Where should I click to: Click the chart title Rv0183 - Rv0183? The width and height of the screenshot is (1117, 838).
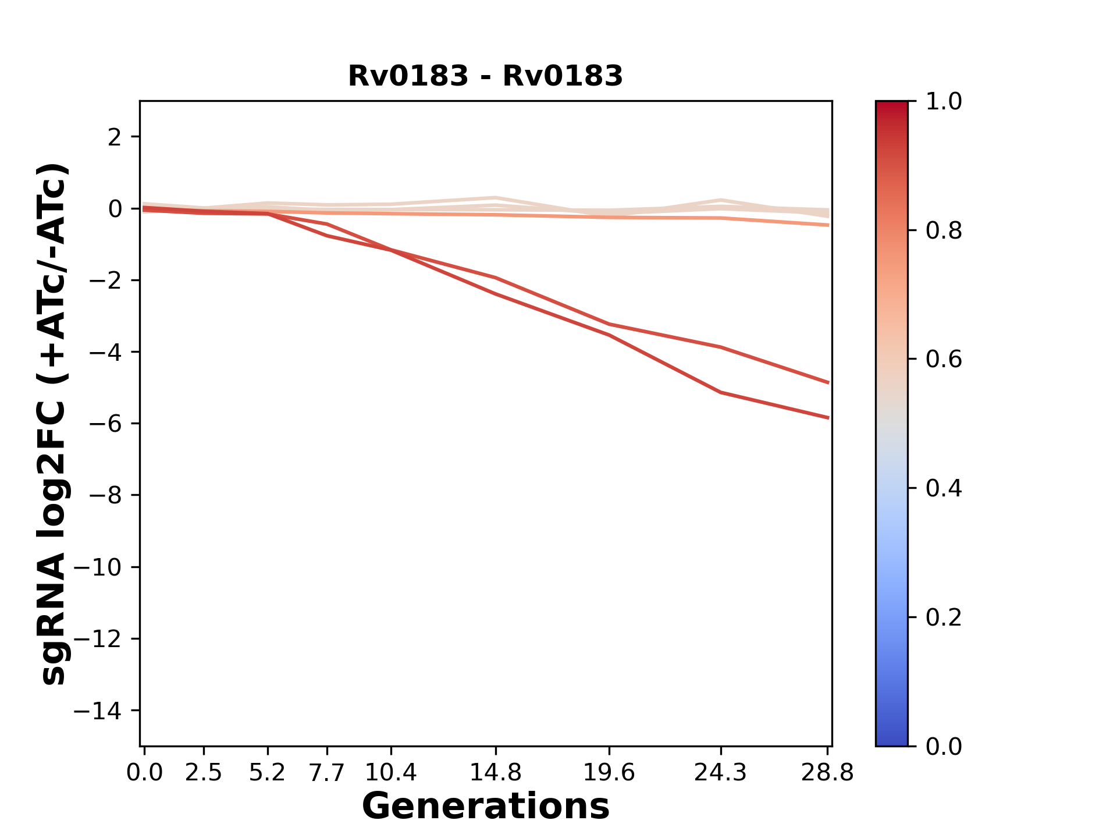pos(485,76)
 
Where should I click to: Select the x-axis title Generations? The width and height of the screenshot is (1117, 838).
pos(485,807)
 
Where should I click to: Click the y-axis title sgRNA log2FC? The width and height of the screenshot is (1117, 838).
pos(54,424)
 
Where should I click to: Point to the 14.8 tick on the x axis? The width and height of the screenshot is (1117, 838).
pos(495,773)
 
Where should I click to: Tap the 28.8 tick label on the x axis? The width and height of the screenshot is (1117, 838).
pos(827,773)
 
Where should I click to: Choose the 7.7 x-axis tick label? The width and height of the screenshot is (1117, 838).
pos(327,773)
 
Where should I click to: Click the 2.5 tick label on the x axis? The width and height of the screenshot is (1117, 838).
pos(204,773)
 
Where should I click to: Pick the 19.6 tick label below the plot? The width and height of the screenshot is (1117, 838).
pos(609,773)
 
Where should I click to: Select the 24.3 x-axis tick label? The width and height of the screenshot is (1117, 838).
pos(720,773)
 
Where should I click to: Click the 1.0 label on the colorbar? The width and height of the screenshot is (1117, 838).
pos(944,102)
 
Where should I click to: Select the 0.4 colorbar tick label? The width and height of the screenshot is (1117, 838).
pos(944,488)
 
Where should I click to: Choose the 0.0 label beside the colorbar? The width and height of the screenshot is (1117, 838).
pos(944,746)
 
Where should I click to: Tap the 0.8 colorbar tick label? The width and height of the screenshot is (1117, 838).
pos(944,231)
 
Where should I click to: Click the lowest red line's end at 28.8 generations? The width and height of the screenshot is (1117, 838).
pos(828,417)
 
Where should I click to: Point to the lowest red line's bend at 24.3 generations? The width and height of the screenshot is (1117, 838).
pos(721,392)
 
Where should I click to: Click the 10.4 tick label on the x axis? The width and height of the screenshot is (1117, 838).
pos(391,773)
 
